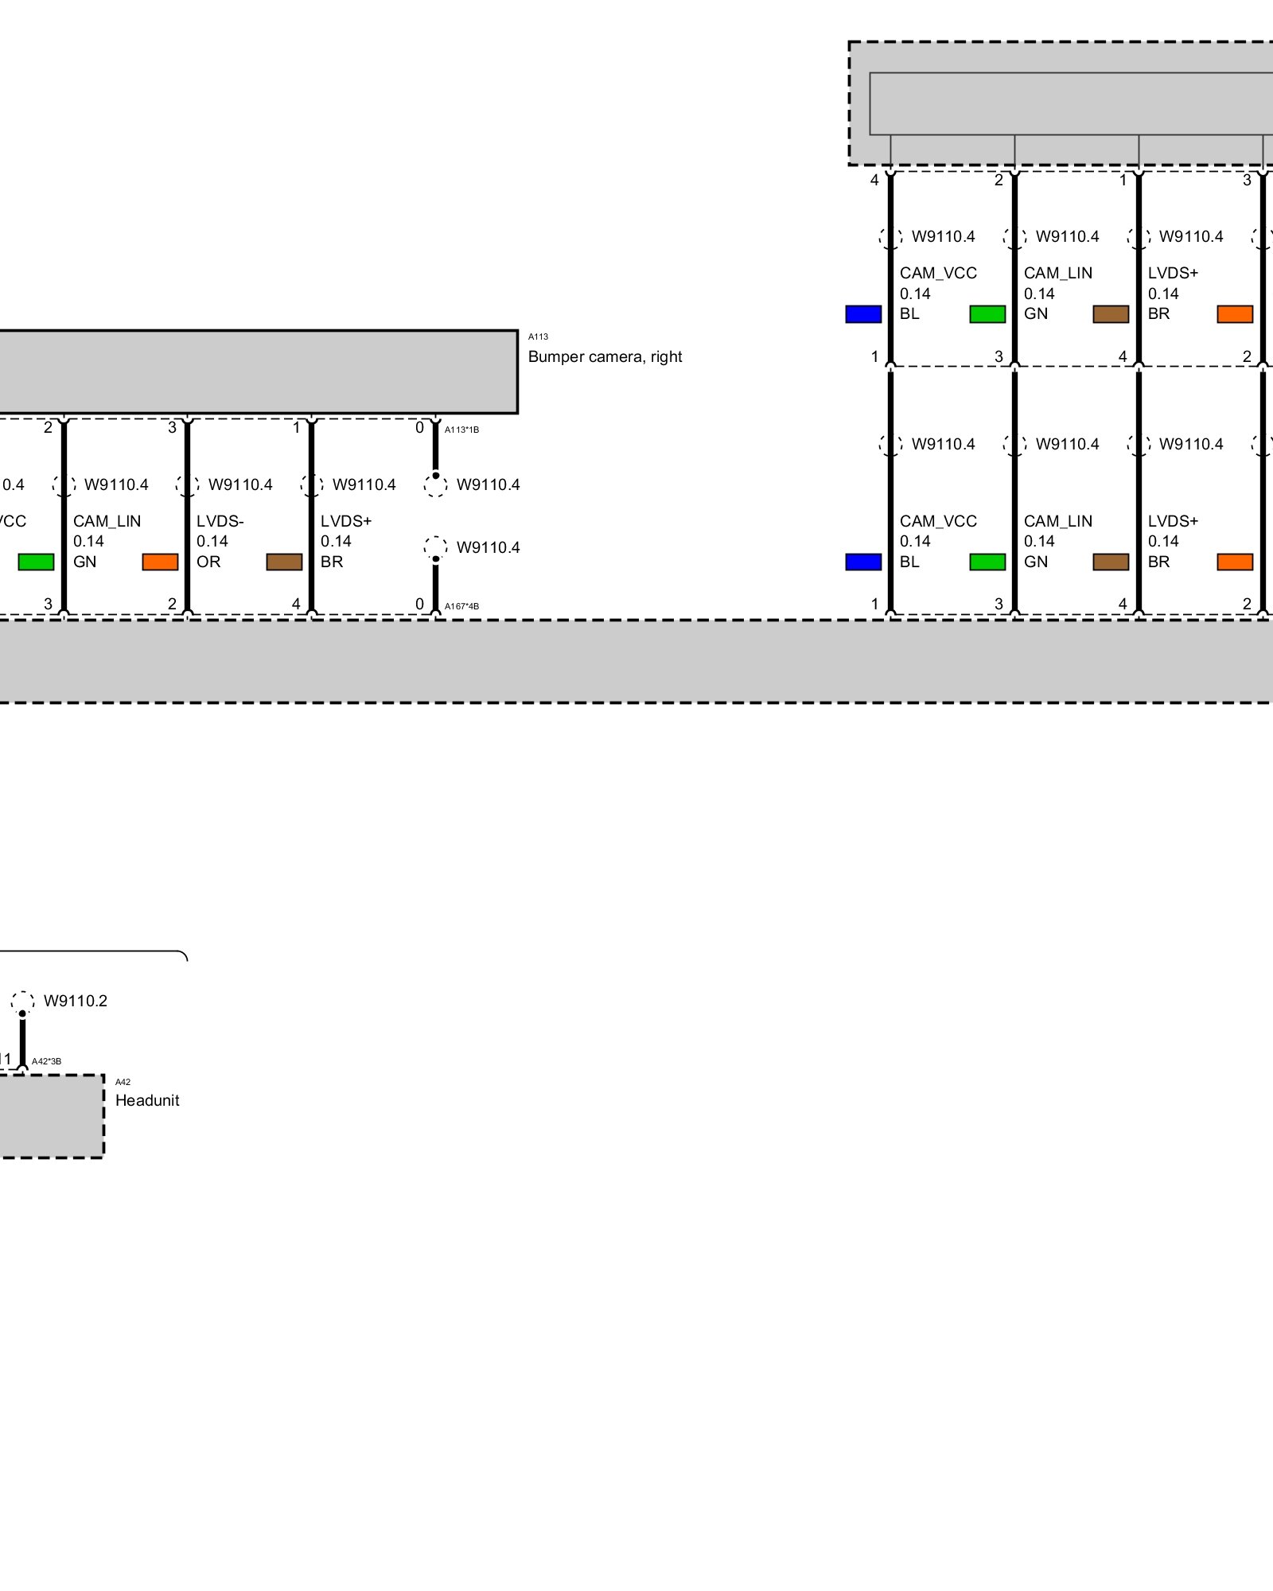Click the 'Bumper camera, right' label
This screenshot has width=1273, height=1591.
tap(605, 357)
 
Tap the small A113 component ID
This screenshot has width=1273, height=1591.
tap(538, 336)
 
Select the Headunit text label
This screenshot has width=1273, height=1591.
tap(147, 1100)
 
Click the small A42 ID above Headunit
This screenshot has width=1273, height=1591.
tap(123, 1082)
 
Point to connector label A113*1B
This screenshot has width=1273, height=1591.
tap(461, 430)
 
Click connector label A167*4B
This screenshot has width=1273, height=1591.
tap(461, 606)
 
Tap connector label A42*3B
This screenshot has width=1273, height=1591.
tap(46, 1061)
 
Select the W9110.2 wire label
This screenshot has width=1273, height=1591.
tap(76, 1001)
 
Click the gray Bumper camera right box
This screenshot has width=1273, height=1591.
tap(255, 372)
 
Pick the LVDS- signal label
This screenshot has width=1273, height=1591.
tap(220, 521)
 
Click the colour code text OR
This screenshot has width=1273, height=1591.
tap(208, 562)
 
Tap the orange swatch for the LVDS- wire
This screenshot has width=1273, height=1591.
tap(160, 562)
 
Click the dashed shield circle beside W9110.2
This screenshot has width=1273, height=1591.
tap(22, 1002)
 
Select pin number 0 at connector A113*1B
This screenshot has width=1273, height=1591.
tap(419, 428)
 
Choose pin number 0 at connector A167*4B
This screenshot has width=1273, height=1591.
tap(419, 604)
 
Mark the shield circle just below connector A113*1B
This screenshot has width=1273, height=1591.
tap(435, 484)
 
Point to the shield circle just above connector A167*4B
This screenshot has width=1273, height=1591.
tap(435, 547)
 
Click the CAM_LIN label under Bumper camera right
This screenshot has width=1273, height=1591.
tap(107, 521)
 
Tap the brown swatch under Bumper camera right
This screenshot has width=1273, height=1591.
tap(284, 562)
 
